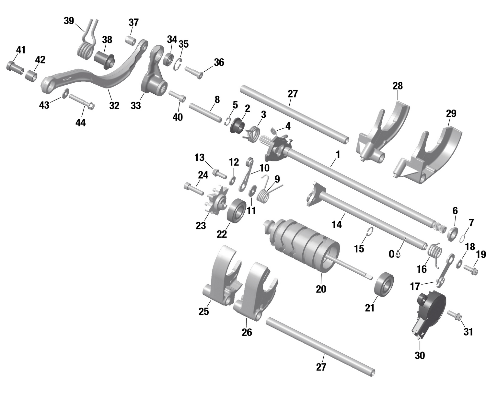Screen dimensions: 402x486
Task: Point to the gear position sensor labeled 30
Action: point(428,311)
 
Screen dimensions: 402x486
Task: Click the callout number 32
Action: point(114,106)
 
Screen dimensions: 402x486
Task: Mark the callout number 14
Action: point(337,224)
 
